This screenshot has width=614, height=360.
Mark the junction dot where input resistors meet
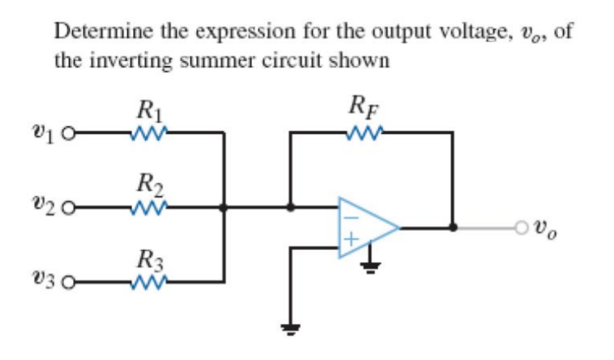[224, 208]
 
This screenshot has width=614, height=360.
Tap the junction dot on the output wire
[453, 228]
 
